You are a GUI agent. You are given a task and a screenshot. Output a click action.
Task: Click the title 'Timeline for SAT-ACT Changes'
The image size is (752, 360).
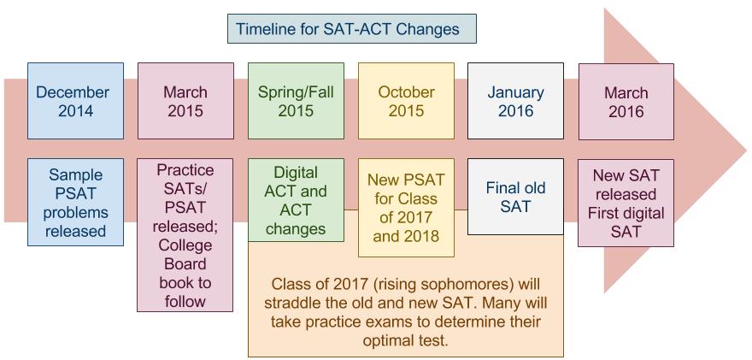pos(350,29)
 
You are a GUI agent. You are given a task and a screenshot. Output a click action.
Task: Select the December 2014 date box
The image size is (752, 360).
pos(75,101)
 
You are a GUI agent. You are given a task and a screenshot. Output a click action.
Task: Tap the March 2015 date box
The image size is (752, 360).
pos(185,101)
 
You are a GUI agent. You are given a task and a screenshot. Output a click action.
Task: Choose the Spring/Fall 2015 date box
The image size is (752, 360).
pos(296,101)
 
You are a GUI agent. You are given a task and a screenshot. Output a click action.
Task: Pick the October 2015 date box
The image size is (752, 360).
pos(406,101)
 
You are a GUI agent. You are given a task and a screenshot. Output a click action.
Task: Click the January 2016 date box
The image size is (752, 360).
pos(515,101)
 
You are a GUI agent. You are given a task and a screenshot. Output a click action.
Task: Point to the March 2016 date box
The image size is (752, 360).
pos(626,101)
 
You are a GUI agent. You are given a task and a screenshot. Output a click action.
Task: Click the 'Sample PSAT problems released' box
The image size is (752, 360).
pos(75,203)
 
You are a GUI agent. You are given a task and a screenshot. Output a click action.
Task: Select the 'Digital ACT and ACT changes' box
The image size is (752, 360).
pos(296,200)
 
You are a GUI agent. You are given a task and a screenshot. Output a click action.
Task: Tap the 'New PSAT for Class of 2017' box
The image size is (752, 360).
pos(406,208)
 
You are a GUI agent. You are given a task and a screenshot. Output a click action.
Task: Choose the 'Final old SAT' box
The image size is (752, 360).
pos(515,197)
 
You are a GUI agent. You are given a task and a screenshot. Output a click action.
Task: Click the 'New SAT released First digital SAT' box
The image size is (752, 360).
pos(626,203)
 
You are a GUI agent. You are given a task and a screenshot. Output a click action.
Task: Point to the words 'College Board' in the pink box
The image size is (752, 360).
pos(185,255)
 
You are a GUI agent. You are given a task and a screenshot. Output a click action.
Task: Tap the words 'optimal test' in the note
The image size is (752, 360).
pos(405,339)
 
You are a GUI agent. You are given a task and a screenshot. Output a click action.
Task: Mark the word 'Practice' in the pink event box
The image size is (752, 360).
pos(185,170)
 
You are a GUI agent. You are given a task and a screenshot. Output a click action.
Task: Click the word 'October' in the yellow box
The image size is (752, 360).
pos(406,91)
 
